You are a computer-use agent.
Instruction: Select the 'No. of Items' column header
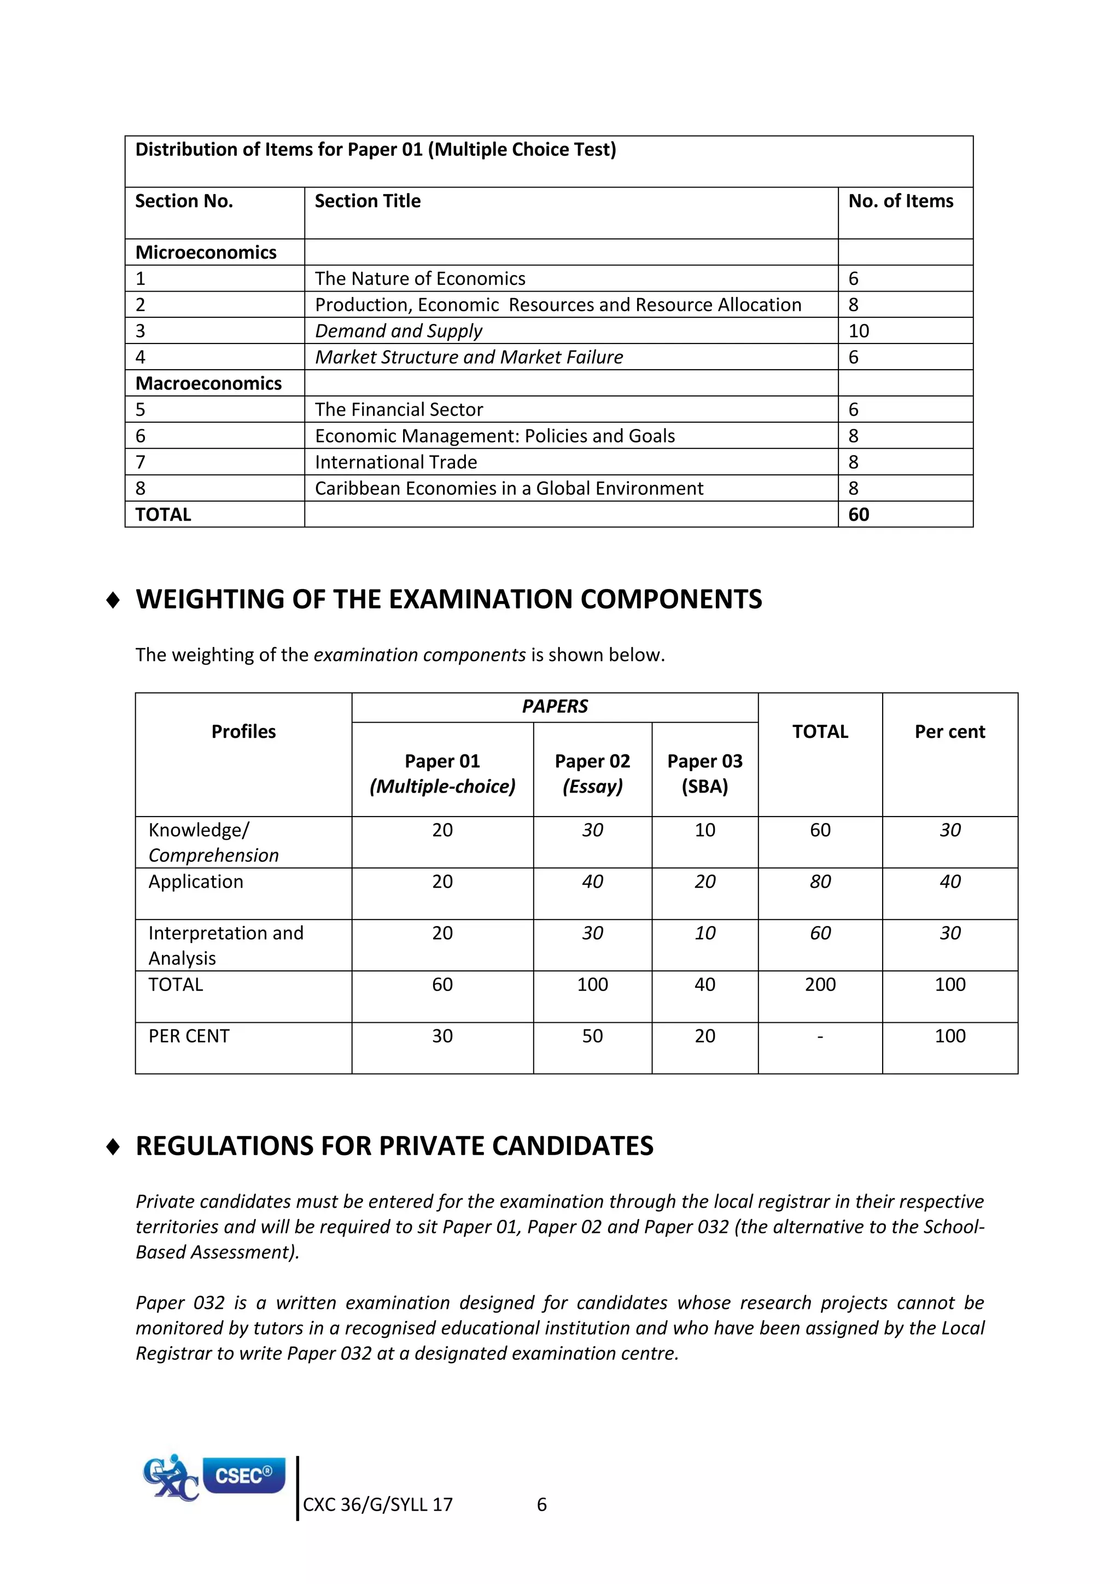[900, 201]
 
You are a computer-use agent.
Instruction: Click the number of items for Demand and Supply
[859, 331]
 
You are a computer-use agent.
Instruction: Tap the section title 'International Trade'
[396, 462]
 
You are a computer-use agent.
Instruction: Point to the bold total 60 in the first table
[859, 515]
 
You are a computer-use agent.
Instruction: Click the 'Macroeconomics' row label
[208, 383]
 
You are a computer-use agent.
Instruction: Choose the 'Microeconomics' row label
[206, 253]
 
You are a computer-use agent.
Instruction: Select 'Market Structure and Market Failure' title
[469, 357]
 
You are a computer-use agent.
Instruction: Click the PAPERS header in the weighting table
[555, 707]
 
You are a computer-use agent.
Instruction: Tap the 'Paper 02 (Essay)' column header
[592, 773]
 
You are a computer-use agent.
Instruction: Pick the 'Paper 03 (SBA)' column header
[705, 773]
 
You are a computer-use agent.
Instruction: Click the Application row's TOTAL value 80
[820, 882]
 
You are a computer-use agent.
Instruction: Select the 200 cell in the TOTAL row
[820, 985]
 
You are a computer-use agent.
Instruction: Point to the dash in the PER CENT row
[820, 1036]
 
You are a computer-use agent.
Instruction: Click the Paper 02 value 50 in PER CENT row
[592, 1036]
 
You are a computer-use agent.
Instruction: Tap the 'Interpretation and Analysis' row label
[225, 945]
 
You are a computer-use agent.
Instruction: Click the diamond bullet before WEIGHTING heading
[113, 600]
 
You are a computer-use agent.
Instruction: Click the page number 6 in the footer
[541, 1505]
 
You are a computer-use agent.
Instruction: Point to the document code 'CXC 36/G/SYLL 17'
[377, 1505]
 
